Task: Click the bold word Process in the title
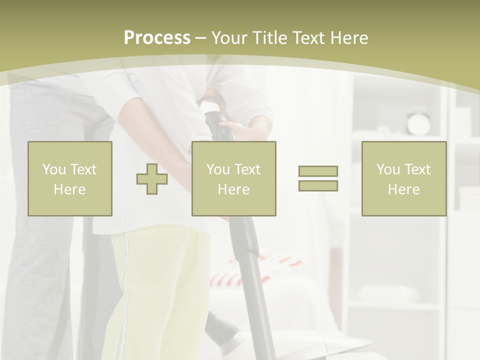tap(157, 38)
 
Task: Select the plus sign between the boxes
tap(152, 178)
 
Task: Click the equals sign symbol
tap(318, 178)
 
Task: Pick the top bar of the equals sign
tap(318, 171)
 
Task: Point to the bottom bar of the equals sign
tap(318, 185)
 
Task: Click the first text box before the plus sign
tap(69, 178)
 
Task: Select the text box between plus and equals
tap(233, 178)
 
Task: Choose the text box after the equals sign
tap(403, 178)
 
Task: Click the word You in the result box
tap(388, 169)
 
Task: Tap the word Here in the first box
tap(69, 189)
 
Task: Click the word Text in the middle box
tap(247, 169)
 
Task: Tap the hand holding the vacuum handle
tap(247, 130)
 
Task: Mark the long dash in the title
tap(200, 38)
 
